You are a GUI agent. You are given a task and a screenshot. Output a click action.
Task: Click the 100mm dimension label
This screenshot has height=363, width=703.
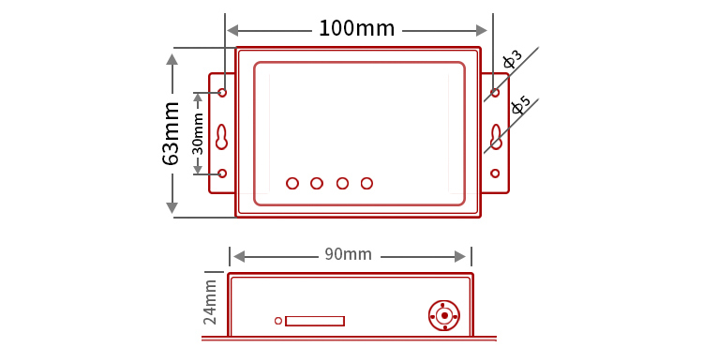click(x=356, y=29)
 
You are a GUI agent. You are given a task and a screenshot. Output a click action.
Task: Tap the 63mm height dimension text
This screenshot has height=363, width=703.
click(x=172, y=134)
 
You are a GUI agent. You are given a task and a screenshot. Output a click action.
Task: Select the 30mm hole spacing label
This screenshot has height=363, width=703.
click(x=198, y=134)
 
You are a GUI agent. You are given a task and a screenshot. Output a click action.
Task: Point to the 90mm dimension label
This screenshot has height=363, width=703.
click(x=349, y=254)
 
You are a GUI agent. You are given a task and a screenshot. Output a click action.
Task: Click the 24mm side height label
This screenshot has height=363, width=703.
click(x=210, y=302)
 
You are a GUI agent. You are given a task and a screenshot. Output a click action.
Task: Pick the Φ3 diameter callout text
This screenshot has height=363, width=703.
click(x=512, y=60)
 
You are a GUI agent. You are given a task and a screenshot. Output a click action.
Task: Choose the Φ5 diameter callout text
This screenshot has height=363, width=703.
click(x=520, y=106)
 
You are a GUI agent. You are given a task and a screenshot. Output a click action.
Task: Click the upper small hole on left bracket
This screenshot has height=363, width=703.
click(x=222, y=93)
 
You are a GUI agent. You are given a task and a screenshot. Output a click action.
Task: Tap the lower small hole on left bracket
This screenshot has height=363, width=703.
click(x=222, y=174)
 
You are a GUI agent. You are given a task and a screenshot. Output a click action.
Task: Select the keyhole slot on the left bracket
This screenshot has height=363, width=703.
click(x=222, y=137)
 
